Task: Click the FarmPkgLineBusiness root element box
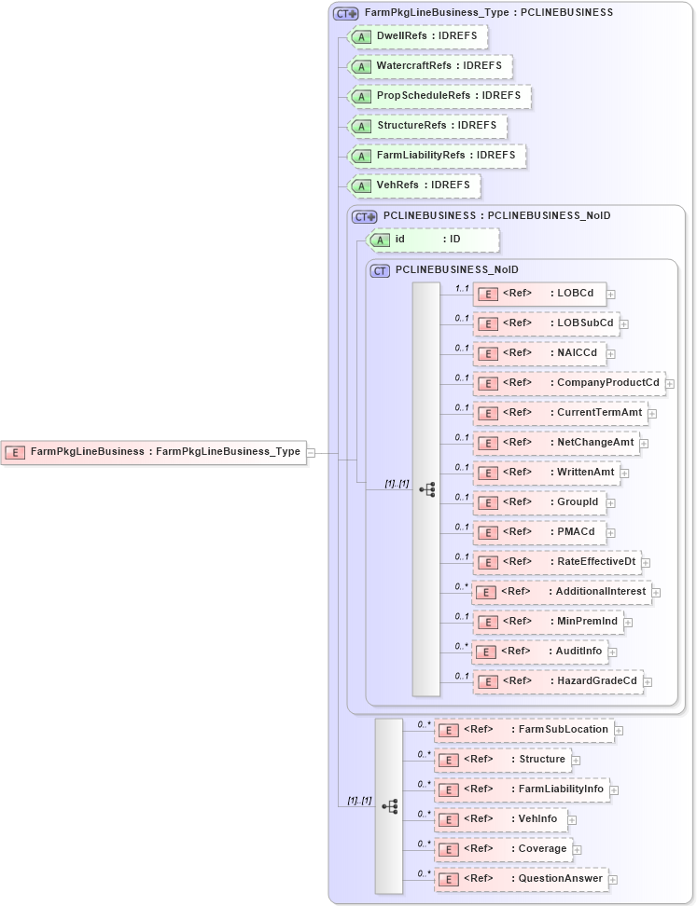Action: click(154, 452)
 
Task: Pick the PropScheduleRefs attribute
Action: click(439, 96)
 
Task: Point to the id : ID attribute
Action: click(434, 240)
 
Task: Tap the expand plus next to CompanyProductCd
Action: click(670, 384)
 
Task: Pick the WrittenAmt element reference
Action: click(546, 473)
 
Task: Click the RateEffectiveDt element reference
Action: click(556, 562)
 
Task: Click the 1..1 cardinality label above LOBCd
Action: click(461, 288)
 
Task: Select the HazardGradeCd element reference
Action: click(557, 681)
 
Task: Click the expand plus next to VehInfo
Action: click(573, 820)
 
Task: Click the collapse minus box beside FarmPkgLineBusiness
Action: click(311, 453)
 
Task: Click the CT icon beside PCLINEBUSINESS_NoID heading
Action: click(380, 270)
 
